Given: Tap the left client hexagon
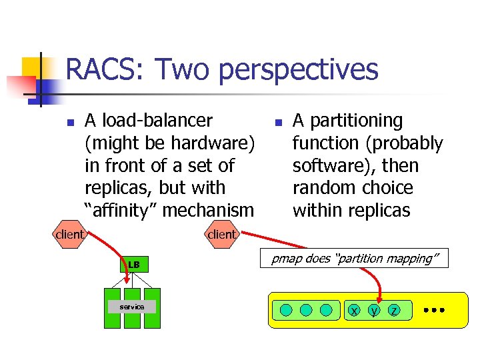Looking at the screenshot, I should (x=70, y=235).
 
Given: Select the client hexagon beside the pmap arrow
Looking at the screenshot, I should (x=221, y=235).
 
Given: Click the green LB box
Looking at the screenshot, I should (x=134, y=265).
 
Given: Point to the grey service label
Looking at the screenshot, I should (x=132, y=307).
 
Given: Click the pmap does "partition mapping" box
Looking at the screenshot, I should (x=359, y=258).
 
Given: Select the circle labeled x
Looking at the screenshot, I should (x=354, y=310).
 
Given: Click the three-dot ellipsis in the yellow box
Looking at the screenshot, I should (x=433, y=310).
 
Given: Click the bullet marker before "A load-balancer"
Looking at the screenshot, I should (x=68, y=122).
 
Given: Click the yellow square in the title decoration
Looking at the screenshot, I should (x=31, y=67).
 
